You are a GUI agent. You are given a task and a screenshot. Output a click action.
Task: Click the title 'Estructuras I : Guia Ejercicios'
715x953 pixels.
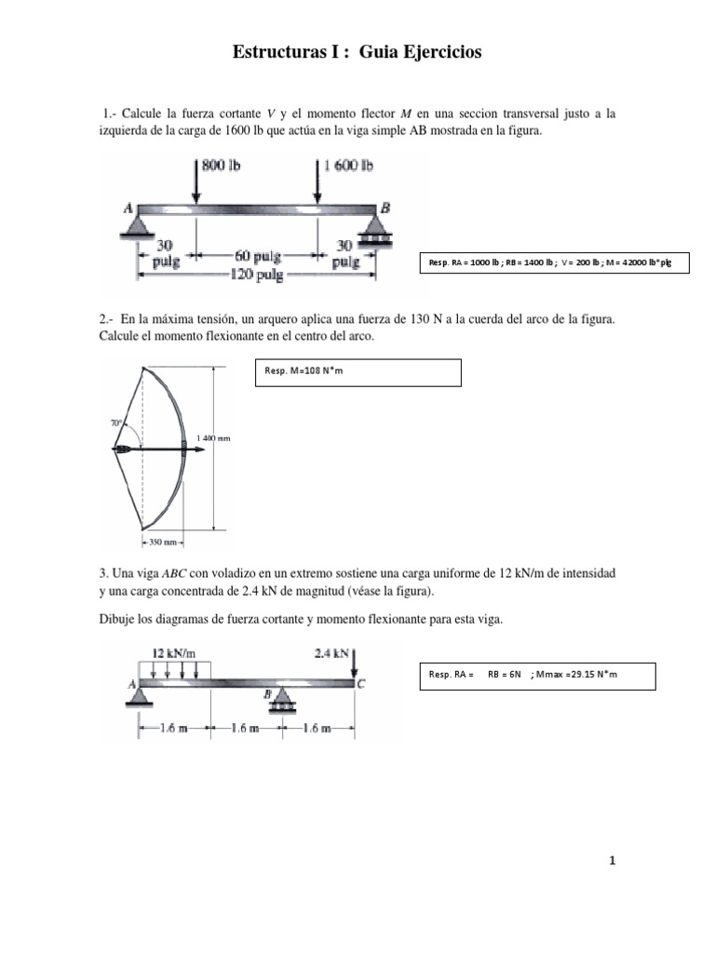(x=357, y=53)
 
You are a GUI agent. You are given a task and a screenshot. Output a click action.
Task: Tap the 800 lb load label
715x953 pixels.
(x=222, y=166)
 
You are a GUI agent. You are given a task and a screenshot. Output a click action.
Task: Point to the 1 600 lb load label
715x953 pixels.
(x=349, y=166)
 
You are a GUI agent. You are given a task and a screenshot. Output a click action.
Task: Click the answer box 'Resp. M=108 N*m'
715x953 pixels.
(x=357, y=372)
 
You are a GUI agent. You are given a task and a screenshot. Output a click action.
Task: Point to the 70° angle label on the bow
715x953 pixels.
(x=116, y=424)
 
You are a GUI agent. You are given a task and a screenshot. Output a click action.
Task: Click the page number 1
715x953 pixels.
(x=613, y=861)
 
